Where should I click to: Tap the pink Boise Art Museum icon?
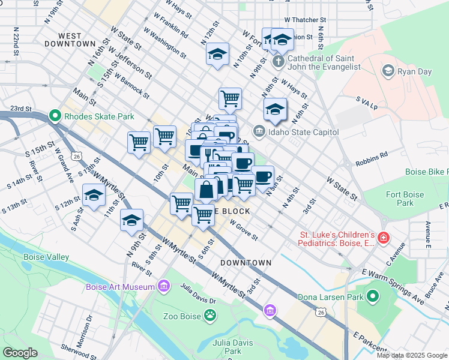tap(162, 287)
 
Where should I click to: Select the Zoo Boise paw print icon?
tap(209, 314)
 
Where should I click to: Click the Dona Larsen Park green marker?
tap(373, 296)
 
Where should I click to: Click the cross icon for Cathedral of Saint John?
tap(278, 62)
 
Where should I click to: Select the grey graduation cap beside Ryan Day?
tap(388, 71)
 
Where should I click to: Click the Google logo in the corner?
tap(20, 353)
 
